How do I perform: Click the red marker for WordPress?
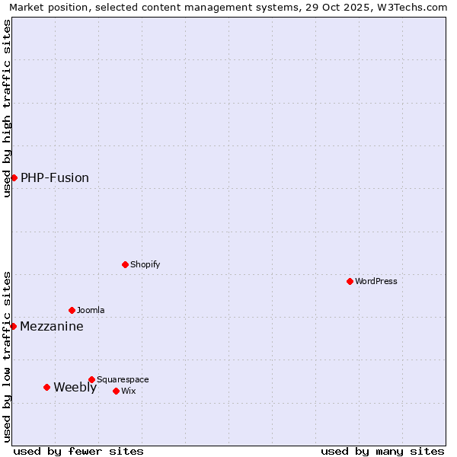tap(350, 281)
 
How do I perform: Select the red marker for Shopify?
tap(125, 264)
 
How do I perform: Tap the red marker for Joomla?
tap(72, 310)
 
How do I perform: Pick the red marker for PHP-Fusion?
tap(14, 177)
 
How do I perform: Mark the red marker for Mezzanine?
tap(13, 326)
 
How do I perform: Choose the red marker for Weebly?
tap(46, 387)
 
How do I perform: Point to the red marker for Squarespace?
tap(91, 379)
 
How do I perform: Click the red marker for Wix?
tap(116, 391)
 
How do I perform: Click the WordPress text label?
tap(376, 281)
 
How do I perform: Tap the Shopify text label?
tap(145, 264)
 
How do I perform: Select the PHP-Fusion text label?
tap(55, 177)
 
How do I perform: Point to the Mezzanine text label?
tap(52, 326)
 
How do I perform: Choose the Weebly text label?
tap(75, 387)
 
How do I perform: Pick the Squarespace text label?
tap(123, 379)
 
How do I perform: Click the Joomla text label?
tap(91, 310)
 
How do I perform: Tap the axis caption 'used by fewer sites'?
tap(78, 451)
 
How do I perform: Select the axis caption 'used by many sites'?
tap(382, 451)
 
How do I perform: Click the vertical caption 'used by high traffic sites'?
tap(7, 108)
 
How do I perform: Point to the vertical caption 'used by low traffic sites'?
tap(7, 356)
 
